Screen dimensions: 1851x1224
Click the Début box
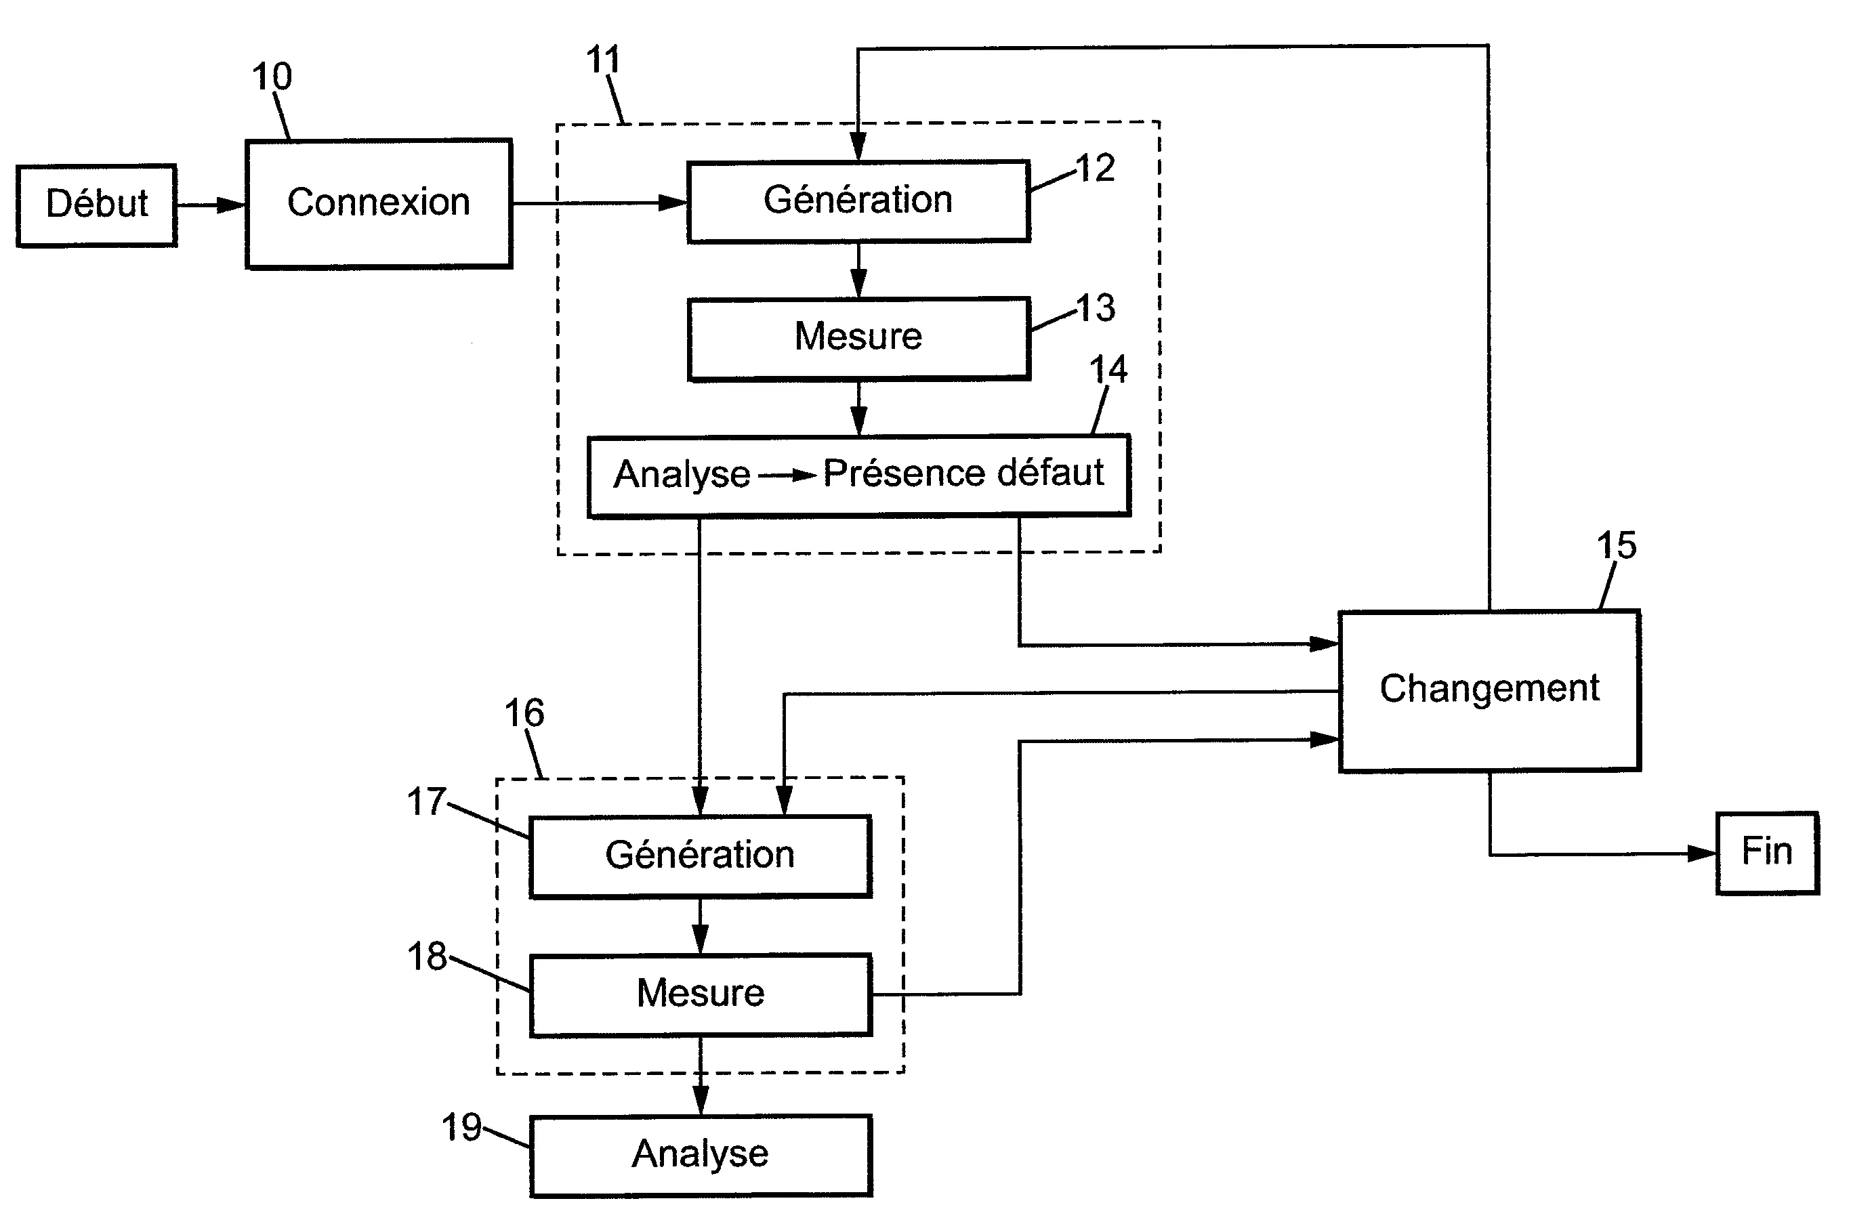click(x=97, y=205)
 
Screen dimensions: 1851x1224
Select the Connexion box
click(x=379, y=204)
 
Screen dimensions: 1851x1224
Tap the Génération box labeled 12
click(x=858, y=201)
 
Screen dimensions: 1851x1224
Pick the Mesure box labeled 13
click(x=858, y=339)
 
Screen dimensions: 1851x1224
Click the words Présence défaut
click(x=963, y=473)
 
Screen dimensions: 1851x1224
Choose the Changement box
click(x=1490, y=691)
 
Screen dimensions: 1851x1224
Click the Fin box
click(x=1768, y=853)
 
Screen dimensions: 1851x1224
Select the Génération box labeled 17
click(x=701, y=856)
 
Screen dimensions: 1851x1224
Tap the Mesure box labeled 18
click(x=701, y=994)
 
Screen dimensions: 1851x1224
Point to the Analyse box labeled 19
click(x=701, y=1156)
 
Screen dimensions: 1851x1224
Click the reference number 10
click(x=272, y=77)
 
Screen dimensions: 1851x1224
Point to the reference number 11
click(x=603, y=60)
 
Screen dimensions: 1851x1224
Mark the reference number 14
click(x=1108, y=369)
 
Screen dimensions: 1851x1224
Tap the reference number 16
click(x=524, y=712)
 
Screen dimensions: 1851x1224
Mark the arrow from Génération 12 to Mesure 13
click(x=858, y=270)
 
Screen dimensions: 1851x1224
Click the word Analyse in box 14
click(x=682, y=475)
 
